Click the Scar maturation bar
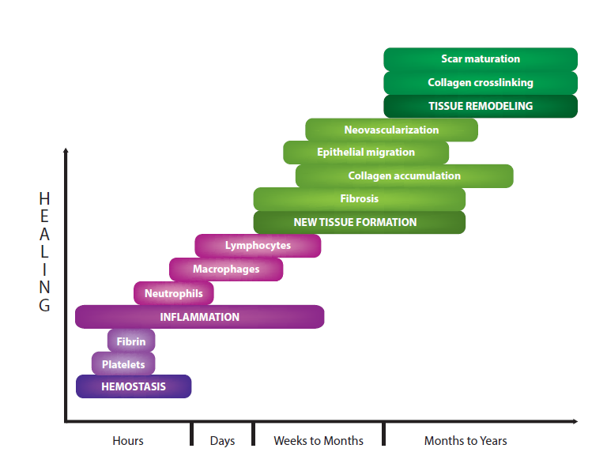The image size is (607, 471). [481, 59]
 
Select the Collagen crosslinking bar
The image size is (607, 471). [481, 83]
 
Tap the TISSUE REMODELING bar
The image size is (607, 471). [481, 106]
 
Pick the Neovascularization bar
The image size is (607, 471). [391, 130]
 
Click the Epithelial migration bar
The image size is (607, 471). [366, 153]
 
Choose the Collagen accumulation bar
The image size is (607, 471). [404, 175]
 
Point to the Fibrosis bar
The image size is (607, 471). [360, 199]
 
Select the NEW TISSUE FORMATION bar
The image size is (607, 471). [360, 222]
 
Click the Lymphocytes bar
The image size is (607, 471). [258, 246]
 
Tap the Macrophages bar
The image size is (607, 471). [226, 269]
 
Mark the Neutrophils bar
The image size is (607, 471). [174, 293]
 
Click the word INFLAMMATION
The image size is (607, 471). [200, 317]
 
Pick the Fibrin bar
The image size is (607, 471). [131, 341]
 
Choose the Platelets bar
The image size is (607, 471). [123, 364]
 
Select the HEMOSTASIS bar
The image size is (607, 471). [134, 386]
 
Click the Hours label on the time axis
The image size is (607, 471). [128, 441]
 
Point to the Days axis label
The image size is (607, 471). [223, 441]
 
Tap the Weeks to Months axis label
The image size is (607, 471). [319, 441]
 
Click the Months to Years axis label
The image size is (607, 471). [466, 441]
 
